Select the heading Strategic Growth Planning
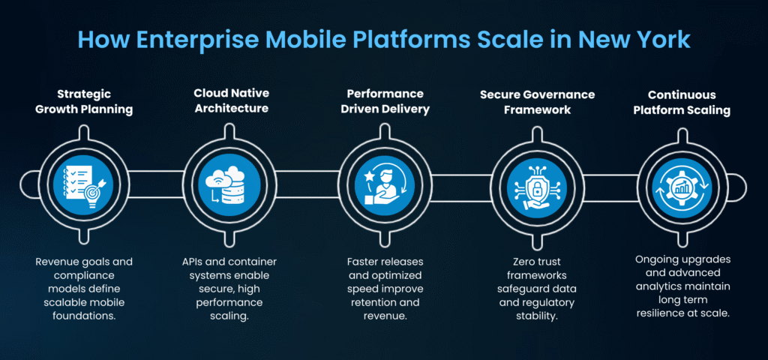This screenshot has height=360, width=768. coord(84,101)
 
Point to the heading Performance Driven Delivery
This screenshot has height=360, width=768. coord(385,101)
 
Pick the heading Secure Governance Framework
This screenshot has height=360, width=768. coord(537,101)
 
